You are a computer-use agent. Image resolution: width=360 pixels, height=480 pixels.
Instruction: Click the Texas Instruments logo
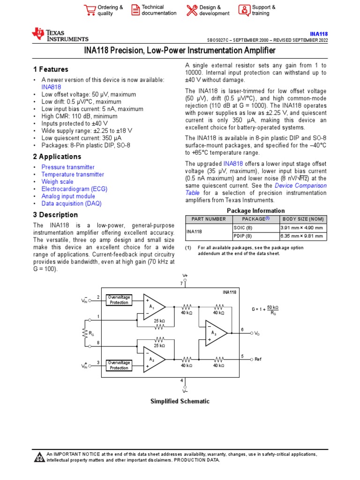pyautogui.click(x=60, y=35)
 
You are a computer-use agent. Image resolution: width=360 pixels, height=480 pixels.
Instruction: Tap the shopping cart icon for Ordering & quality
pyautogui.click(x=89, y=10)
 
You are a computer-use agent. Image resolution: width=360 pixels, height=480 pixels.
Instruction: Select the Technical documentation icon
pyautogui.click(x=135, y=10)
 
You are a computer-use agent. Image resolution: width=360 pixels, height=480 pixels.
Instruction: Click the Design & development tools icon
pyautogui.click(x=192, y=10)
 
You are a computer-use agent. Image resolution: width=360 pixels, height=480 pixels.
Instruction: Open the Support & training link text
pyautogui.click(x=263, y=10)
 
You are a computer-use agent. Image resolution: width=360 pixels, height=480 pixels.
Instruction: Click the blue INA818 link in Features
pyautogui.click(x=51, y=87)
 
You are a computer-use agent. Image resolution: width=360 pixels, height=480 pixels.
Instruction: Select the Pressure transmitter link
pyautogui.click(x=68, y=167)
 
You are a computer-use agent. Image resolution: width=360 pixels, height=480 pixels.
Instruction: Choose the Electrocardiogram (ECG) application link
pyautogui.click(x=74, y=189)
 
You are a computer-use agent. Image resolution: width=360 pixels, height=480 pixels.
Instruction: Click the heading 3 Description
pyautogui.click(x=55, y=215)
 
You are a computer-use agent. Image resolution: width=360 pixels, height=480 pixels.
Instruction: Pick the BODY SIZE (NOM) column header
pyautogui.click(x=303, y=219)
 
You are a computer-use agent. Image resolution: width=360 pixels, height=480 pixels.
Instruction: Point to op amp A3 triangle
pyautogui.click(x=215, y=333)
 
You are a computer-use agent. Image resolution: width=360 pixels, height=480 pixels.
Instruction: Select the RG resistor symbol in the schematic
pyautogui.click(x=84, y=333)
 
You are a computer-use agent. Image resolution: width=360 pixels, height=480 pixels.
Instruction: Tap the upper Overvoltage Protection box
pyautogui.click(x=119, y=300)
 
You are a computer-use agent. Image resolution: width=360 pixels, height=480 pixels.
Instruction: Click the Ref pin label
pyautogui.click(x=258, y=359)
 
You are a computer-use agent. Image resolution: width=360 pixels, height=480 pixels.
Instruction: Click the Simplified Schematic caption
pyautogui.click(x=180, y=401)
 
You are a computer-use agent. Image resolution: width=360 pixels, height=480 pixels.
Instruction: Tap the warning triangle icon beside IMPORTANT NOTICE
pyautogui.click(x=39, y=457)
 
